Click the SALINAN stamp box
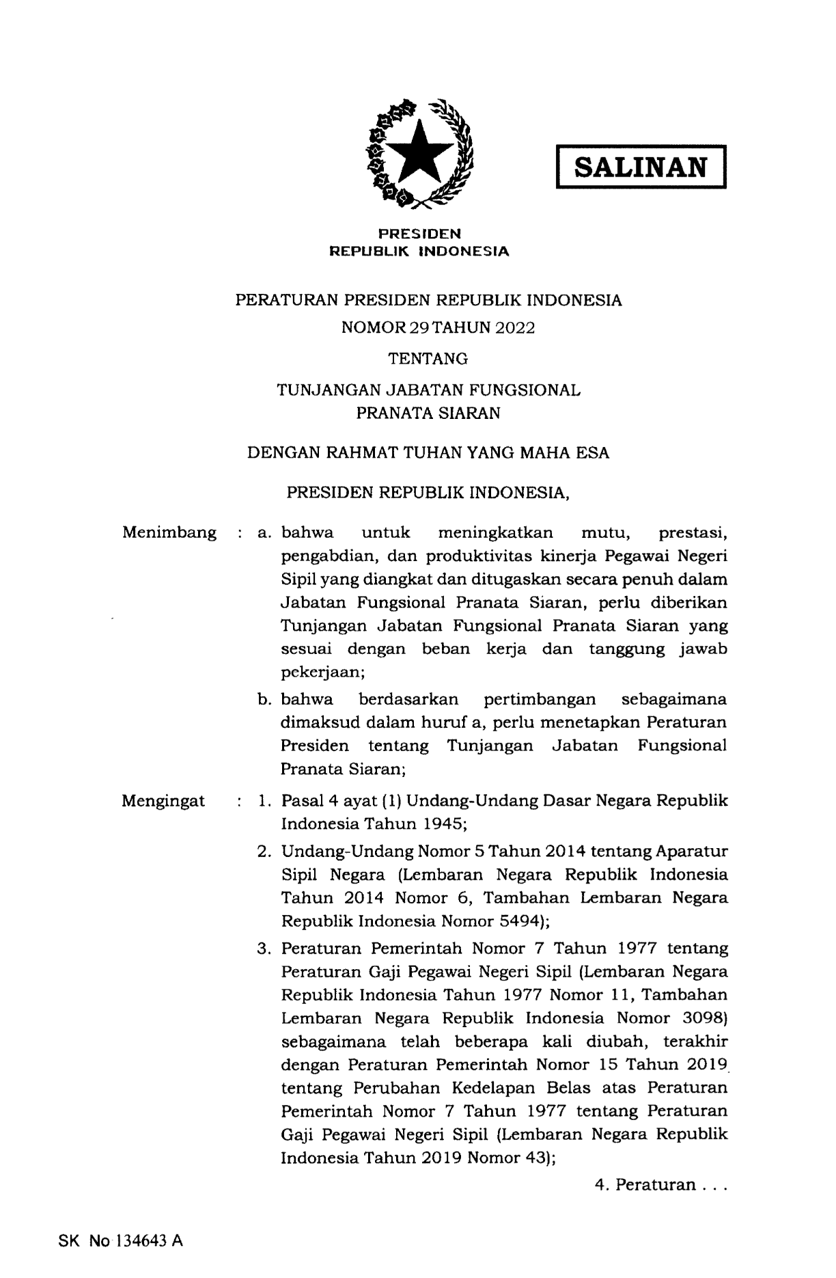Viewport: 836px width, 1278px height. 641,166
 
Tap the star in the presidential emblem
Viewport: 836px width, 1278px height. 419,153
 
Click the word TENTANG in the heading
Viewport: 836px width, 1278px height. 428,358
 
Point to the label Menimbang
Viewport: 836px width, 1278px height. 169,532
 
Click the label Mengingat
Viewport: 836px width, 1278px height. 163,801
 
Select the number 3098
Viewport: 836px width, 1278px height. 705,1018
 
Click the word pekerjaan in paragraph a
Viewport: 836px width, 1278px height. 322,672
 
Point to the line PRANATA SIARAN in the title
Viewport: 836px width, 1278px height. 428,413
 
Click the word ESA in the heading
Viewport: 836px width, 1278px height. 593,452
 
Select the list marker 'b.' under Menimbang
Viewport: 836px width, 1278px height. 266,699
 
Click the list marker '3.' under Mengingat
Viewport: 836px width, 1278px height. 265,949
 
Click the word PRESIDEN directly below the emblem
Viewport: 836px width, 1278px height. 420,234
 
